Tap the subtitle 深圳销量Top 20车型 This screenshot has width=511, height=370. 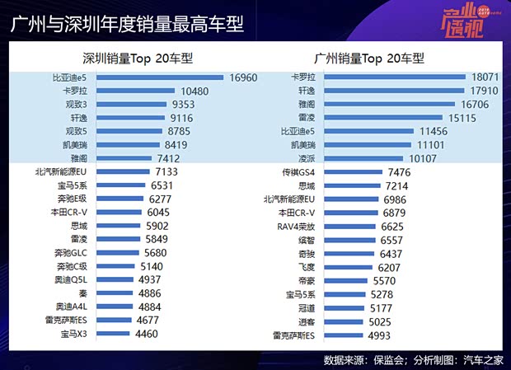[x=131, y=59]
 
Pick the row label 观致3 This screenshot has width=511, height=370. [x=74, y=105]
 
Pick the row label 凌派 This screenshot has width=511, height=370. [x=306, y=158]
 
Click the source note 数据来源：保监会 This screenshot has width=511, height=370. [x=363, y=360]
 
